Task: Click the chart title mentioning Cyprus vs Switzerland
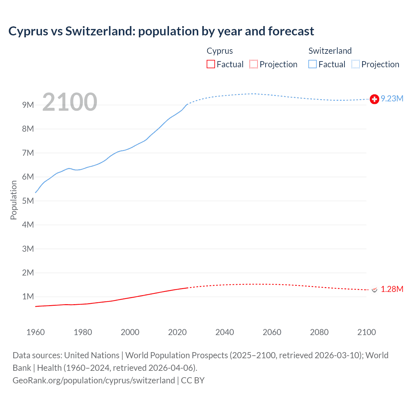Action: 161,31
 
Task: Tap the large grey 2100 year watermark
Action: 70,102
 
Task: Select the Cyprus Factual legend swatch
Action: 211,64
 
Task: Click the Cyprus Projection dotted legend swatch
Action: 254,64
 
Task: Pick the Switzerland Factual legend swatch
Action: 313,64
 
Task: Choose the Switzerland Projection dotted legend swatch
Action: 356,64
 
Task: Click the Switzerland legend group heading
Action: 330,51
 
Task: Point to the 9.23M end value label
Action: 392,98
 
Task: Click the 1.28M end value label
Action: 392,289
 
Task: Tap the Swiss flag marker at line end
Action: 374,99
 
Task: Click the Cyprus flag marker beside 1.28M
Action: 374,290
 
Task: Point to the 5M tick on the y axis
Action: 28,201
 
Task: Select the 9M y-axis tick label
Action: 28,105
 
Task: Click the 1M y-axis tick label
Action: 28,296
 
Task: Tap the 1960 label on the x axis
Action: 35,332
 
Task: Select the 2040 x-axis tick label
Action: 225,332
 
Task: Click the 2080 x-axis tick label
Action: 319,332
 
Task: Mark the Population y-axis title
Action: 14,200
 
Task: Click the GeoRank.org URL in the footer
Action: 94,380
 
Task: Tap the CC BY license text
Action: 193,380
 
